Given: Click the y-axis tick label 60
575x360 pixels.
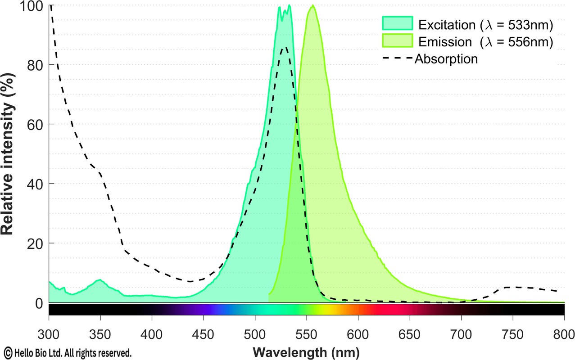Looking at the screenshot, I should [x=34, y=124].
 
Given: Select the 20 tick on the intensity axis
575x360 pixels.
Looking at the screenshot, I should [x=34, y=243].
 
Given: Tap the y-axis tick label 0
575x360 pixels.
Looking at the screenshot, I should [x=38, y=303].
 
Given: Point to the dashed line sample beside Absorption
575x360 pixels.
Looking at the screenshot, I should [x=397, y=58].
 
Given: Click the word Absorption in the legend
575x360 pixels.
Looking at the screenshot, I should [x=446, y=58].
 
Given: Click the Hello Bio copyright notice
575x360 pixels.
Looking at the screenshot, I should [x=68, y=351].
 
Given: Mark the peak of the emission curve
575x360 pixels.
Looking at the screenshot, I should [x=312, y=6].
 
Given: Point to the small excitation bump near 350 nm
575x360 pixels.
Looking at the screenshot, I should [x=100, y=280].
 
